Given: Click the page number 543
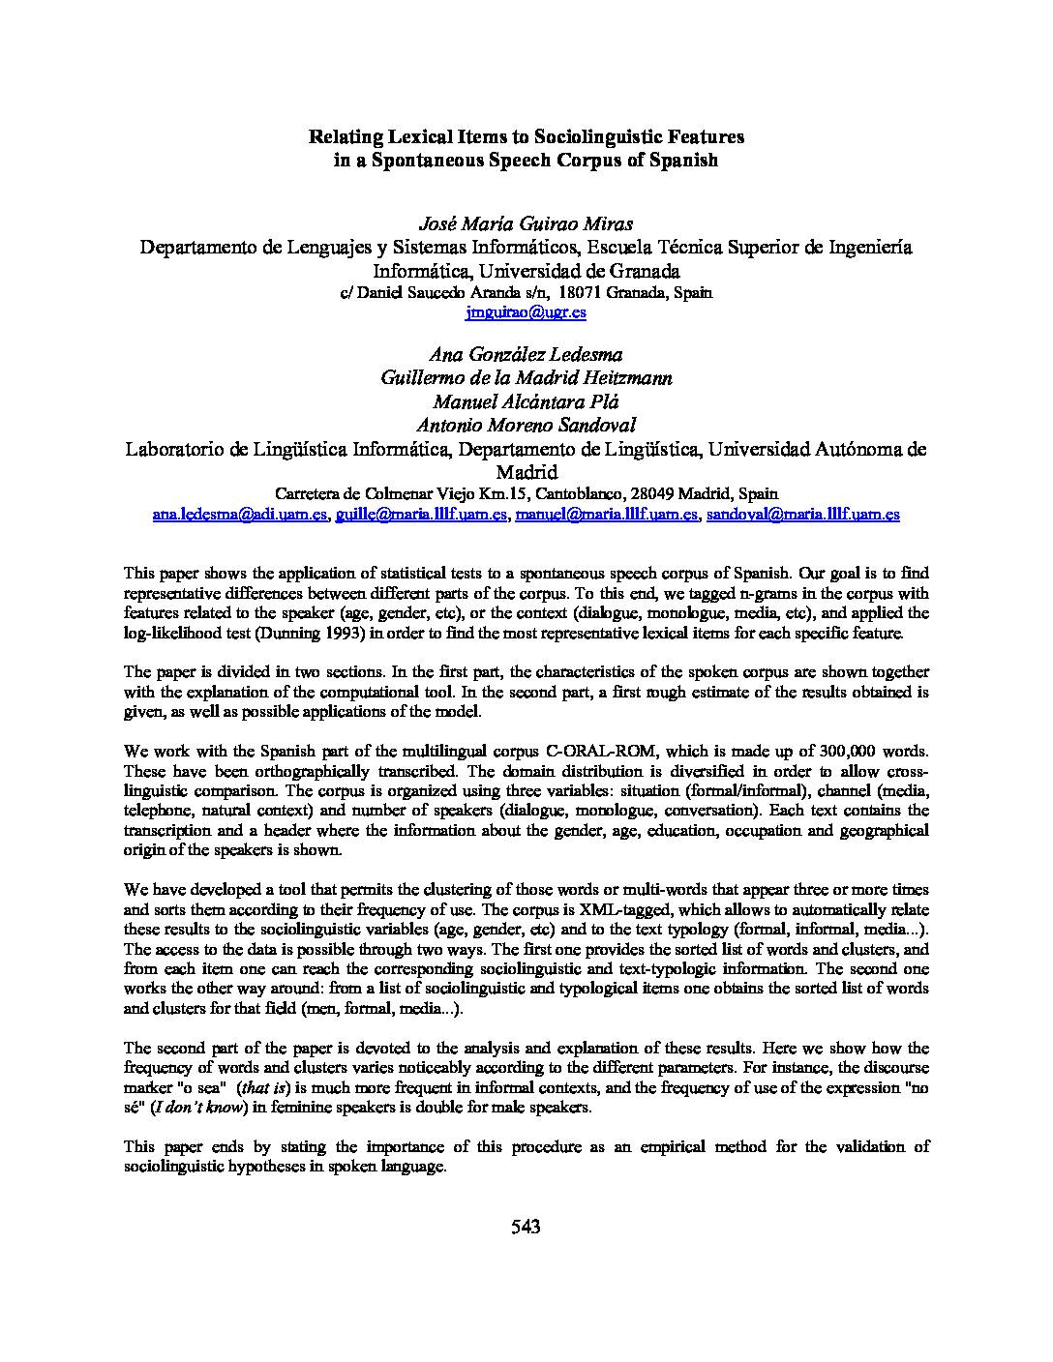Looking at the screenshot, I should tap(526, 1228).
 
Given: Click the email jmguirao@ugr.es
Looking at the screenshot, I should tap(526, 312).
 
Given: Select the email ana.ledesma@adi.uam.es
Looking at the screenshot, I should tap(241, 515).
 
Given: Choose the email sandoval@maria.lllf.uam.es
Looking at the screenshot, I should tap(803, 515).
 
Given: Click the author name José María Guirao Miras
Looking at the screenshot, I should tap(526, 224).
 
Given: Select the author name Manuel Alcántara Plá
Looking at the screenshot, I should tap(526, 401).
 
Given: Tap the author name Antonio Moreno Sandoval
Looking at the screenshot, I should tap(526, 425).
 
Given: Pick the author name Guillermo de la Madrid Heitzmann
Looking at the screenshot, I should tap(526, 378).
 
